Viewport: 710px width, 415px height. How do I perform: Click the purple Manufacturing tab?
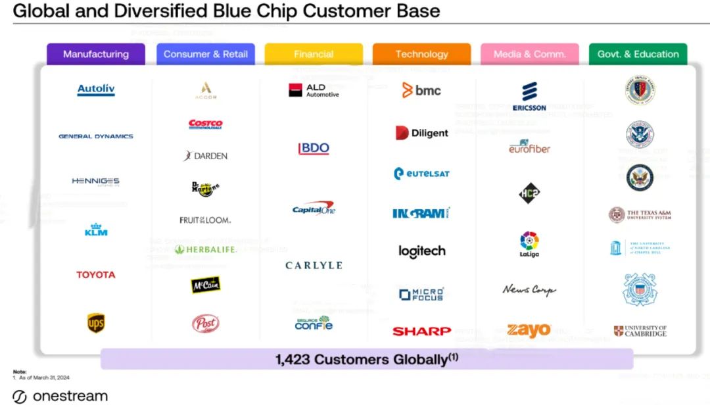[96, 55]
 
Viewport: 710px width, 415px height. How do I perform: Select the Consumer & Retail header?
[206, 55]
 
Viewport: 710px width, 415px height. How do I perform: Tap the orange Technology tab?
[421, 55]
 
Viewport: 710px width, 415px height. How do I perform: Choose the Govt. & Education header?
[638, 55]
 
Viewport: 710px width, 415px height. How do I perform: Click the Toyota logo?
[96, 275]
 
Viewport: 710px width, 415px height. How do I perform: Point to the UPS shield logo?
[96, 323]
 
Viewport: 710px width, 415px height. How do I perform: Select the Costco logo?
[206, 124]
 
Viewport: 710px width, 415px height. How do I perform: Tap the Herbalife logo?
[206, 249]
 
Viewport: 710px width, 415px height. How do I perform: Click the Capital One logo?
[314, 210]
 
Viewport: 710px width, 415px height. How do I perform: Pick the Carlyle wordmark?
[314, 265]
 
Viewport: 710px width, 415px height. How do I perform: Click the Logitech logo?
[421, 251]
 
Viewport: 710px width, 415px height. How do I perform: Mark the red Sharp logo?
[421, 331]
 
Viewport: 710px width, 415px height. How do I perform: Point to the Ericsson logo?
[529, 97]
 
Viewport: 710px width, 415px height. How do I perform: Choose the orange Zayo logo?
[529, 330]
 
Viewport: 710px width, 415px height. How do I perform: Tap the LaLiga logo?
[529, 244]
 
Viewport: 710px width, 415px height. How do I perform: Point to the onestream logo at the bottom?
[60, 397]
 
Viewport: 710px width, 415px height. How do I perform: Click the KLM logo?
[96, 230]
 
